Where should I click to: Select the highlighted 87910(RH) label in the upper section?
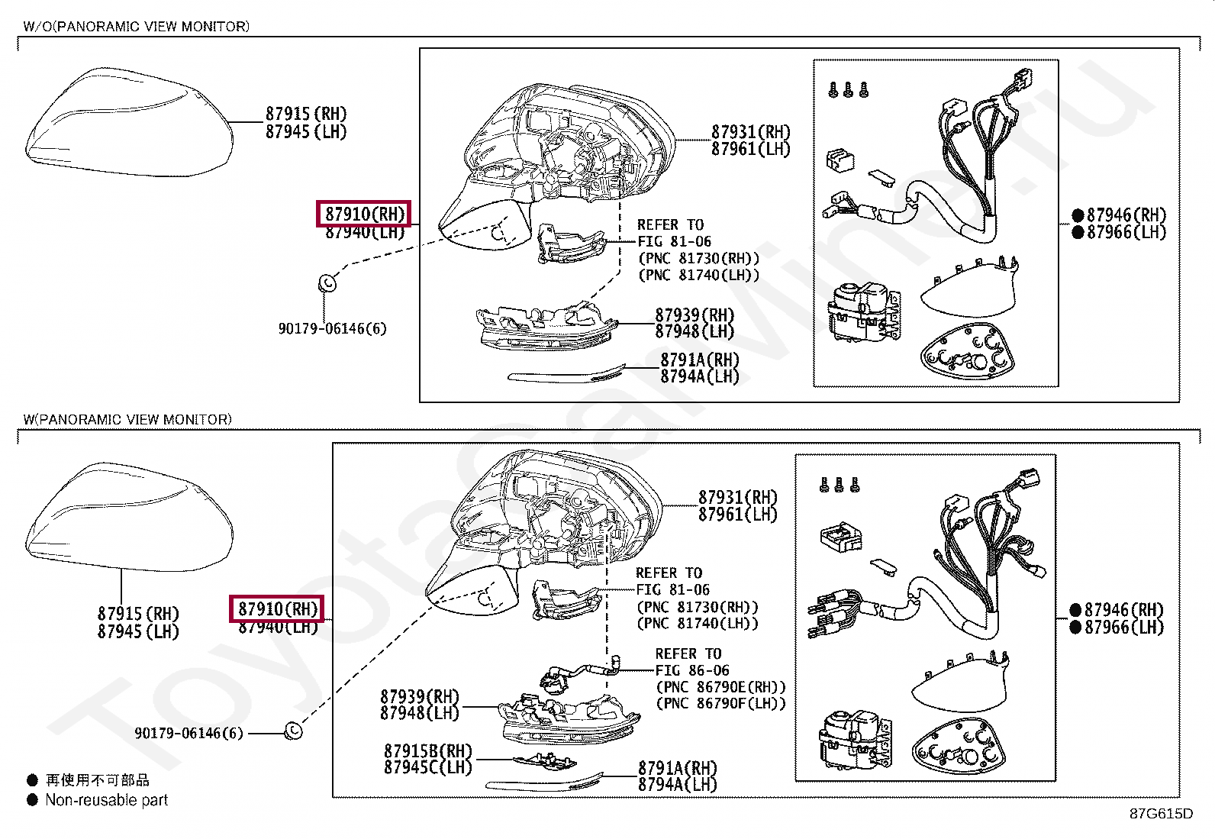pyautogui.click(x=364, y=214)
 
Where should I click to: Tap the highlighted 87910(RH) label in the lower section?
pyautogui.click(x=277, y=608)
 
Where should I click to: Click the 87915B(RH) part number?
pyautogui.click(x=428, y=751)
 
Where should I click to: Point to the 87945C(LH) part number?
pyautogui.click(x=428, y=767)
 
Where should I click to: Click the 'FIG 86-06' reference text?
pyautogui.click(x=691, y=670)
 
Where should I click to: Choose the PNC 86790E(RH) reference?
pyautogui.click(x=720, y=687)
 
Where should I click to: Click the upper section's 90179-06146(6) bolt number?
pyautogui.click(x=332, y=328)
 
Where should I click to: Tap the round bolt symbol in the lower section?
pyautogui.click(x=293, y=731)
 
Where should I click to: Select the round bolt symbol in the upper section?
pyautogui.click(x=327, y=283)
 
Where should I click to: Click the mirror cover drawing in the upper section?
pyautogui.click(x=128, y=122)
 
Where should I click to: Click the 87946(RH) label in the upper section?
pyautogui.click(x=1126, y=215)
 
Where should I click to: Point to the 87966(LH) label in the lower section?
pyautogui.click(x=1123, y=628)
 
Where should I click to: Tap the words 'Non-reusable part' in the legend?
pyautogui.click(x=106, y=800)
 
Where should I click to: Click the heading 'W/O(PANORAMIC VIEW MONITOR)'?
pyautogui.click(x=136, y=27)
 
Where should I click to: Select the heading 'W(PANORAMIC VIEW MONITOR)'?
pyautogui.click(x=127, y=419)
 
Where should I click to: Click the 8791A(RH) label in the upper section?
pyautogui.click(x=700, y=360)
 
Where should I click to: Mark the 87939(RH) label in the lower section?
pyautogui.click(x=420, y=696)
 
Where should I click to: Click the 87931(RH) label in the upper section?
pyautogui.click(x=751, y=132)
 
